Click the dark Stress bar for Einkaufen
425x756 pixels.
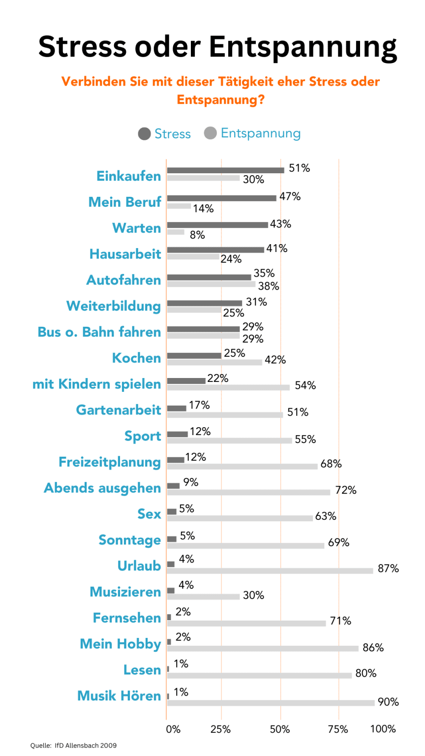tap(225, 170)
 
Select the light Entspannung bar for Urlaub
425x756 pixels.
tap(270, 570)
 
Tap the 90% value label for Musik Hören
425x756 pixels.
tap(388, 702)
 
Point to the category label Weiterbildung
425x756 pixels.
tap(114, 306)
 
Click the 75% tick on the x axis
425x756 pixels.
tap(338, 729)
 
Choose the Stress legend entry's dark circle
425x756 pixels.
tap(145, 134)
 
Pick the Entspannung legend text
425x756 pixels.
tap(260, 133)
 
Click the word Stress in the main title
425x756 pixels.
tap(83, 47)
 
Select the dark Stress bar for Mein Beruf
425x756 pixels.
tap(221, 198)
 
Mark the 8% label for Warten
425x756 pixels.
tap(197, 235)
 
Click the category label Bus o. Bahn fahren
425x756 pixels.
tap(99, 332)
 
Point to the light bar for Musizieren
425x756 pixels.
tap(203, 597)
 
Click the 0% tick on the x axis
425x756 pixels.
tap(173, 729)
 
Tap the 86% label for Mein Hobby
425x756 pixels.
tap(373, 648)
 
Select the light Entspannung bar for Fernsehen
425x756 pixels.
tap(246, 623)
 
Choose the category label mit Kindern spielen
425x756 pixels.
tap(97, 384)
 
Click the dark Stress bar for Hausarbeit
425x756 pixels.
tap(215, 250)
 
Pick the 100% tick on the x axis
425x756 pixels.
tap(383, 729)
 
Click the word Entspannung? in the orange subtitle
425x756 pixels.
tap(220, 100)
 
